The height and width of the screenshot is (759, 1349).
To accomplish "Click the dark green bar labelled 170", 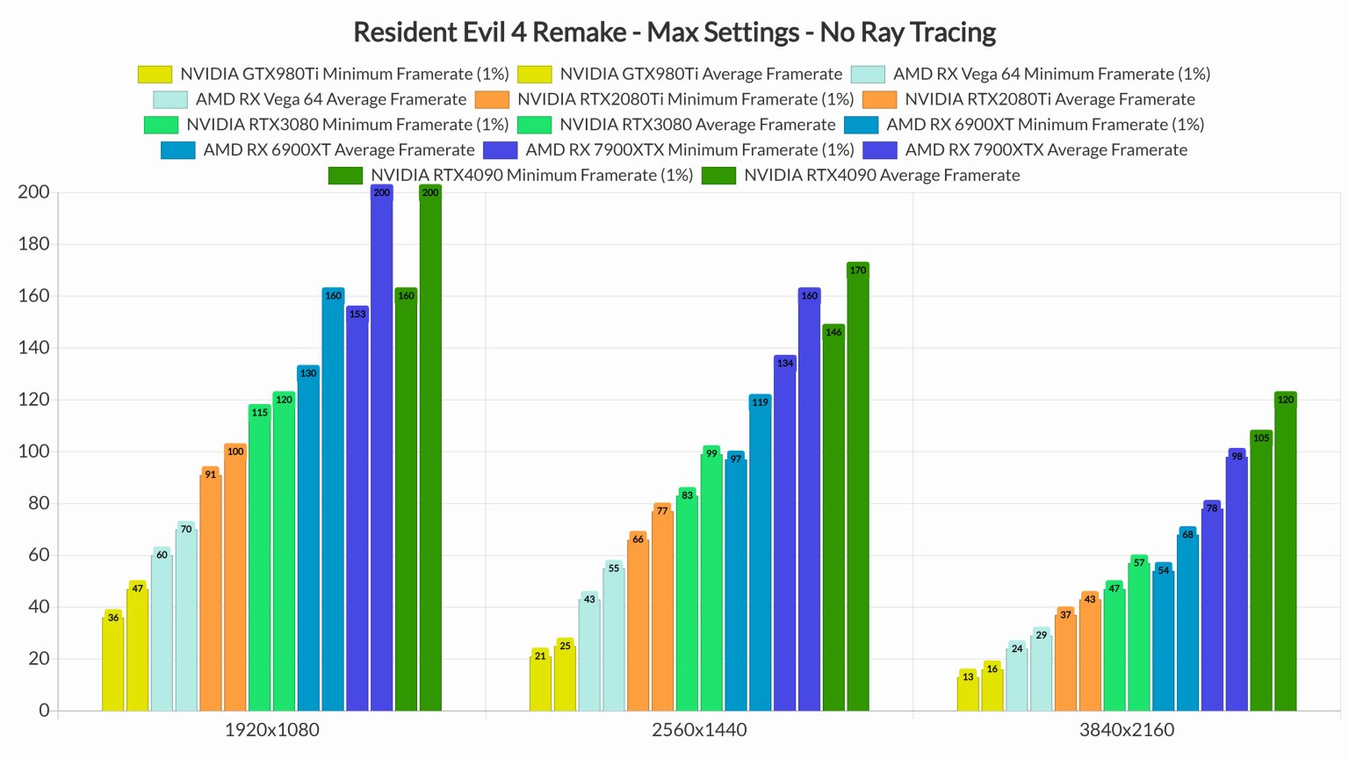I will coord(857,488).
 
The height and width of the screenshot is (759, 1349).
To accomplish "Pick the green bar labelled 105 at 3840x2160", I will coord(1260,571).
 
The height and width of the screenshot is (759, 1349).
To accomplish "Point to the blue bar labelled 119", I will coord(760,553).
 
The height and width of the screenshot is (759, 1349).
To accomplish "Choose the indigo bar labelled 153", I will coord(357,510).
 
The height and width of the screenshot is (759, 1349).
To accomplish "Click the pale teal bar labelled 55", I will coord(614,636).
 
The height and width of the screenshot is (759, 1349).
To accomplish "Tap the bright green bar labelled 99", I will coord(711,580).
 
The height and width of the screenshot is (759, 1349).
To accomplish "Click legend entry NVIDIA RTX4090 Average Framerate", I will coord(881,176).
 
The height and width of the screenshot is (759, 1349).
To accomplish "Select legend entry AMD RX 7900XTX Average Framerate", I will coord(1045,150).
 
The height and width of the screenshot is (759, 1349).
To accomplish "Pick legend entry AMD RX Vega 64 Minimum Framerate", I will coord(1050,75).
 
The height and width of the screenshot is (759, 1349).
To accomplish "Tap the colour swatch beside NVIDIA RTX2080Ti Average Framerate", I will coord(879,100).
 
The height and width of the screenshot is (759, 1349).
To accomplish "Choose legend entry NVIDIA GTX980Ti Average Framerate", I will coord(700,75).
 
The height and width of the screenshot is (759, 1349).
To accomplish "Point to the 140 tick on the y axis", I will coord(33,348).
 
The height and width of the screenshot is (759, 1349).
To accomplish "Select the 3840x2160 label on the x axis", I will coord(1126,730).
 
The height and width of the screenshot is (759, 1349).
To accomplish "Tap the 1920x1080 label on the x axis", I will coord(271,730).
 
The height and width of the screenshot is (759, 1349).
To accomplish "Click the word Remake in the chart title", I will coord(579,33).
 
